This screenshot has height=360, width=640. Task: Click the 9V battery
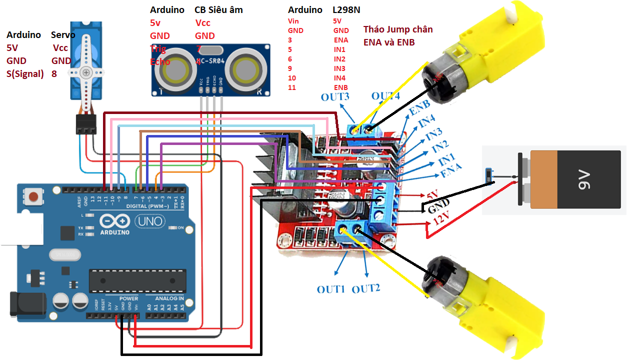click(x=570, y=179)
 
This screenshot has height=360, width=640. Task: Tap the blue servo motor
click(x=86, y=65)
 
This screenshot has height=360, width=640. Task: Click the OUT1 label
click(x=331, y=289)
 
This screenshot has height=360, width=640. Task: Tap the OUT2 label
click(x=366, y=288)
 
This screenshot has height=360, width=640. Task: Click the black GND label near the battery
click(x=436, y=205)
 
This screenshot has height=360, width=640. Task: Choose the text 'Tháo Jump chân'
click(x=398, y=29)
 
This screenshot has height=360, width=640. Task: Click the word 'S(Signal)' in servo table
click(x=25, y=74)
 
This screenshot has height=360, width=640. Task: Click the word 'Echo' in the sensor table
click(x=160, y=62)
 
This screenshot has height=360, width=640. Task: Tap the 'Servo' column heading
click(x=63, y=35)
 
